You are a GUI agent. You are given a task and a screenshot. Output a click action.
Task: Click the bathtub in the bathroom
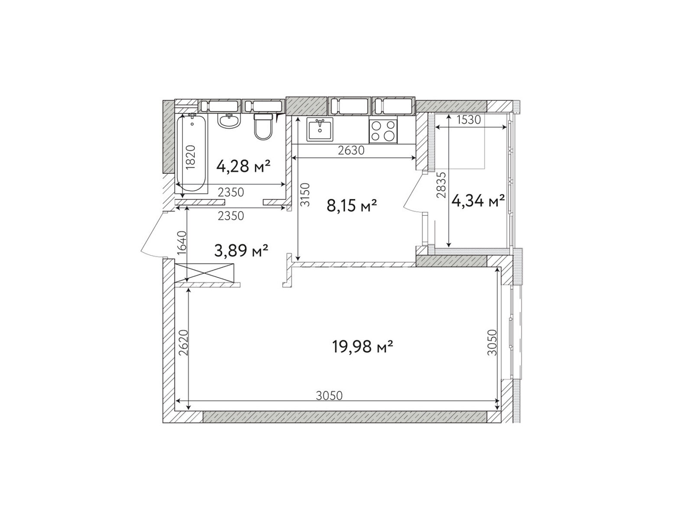[x=191, y=153]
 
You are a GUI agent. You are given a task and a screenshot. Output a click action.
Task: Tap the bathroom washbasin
[x=229, y=120]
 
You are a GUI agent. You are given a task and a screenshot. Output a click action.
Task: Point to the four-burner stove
[x=382, y=131]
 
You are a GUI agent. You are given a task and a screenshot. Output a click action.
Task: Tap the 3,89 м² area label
[x=241, y=251]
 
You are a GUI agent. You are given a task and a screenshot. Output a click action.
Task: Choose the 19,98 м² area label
[x=363, y=347]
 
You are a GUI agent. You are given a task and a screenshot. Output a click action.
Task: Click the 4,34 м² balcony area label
[x=478, y=201]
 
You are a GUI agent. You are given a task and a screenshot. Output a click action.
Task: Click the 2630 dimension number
[x=351, y=151]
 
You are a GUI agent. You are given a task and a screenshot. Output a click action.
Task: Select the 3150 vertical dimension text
[x=305, y=195]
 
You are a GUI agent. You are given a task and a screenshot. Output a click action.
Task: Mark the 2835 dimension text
[x=441, y=185]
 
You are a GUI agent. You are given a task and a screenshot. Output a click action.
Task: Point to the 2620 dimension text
[x=183, y=343]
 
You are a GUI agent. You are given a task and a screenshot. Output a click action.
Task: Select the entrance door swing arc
[x=153, y=234]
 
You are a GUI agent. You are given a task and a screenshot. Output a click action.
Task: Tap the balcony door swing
[x=414, y=192]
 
